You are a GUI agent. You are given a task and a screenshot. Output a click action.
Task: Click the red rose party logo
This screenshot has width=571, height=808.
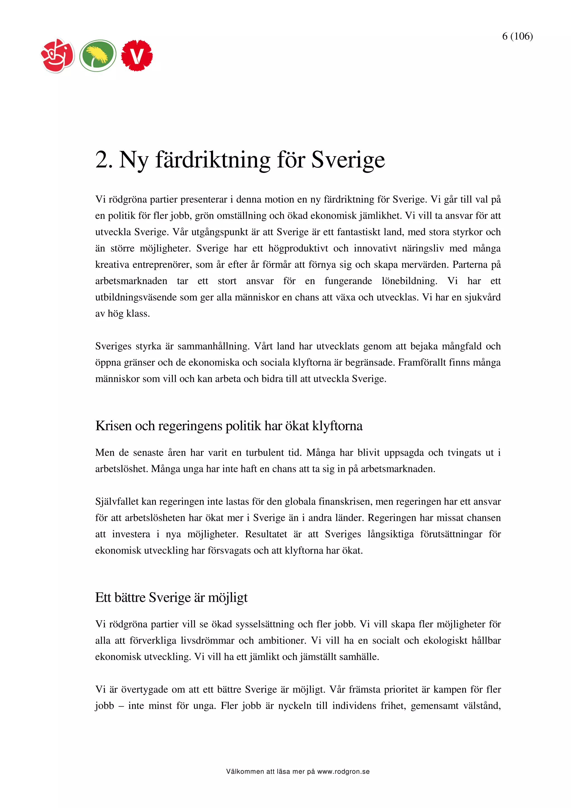(x=58, y=55)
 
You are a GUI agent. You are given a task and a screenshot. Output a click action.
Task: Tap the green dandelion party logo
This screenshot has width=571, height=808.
(x=98, y=55)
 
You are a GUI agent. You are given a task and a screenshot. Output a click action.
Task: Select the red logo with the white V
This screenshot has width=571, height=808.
(x=137, y=55)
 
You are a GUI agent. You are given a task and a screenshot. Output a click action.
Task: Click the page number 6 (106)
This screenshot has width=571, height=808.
(x=517, y=36)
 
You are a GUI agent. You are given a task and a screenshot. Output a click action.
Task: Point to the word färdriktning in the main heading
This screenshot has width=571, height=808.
(x=212, y=160)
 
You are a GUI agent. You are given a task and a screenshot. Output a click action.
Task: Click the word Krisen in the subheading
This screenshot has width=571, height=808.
(x=114, y=426)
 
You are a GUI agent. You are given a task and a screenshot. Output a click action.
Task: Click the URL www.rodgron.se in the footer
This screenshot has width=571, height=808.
(x=343, y=771)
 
